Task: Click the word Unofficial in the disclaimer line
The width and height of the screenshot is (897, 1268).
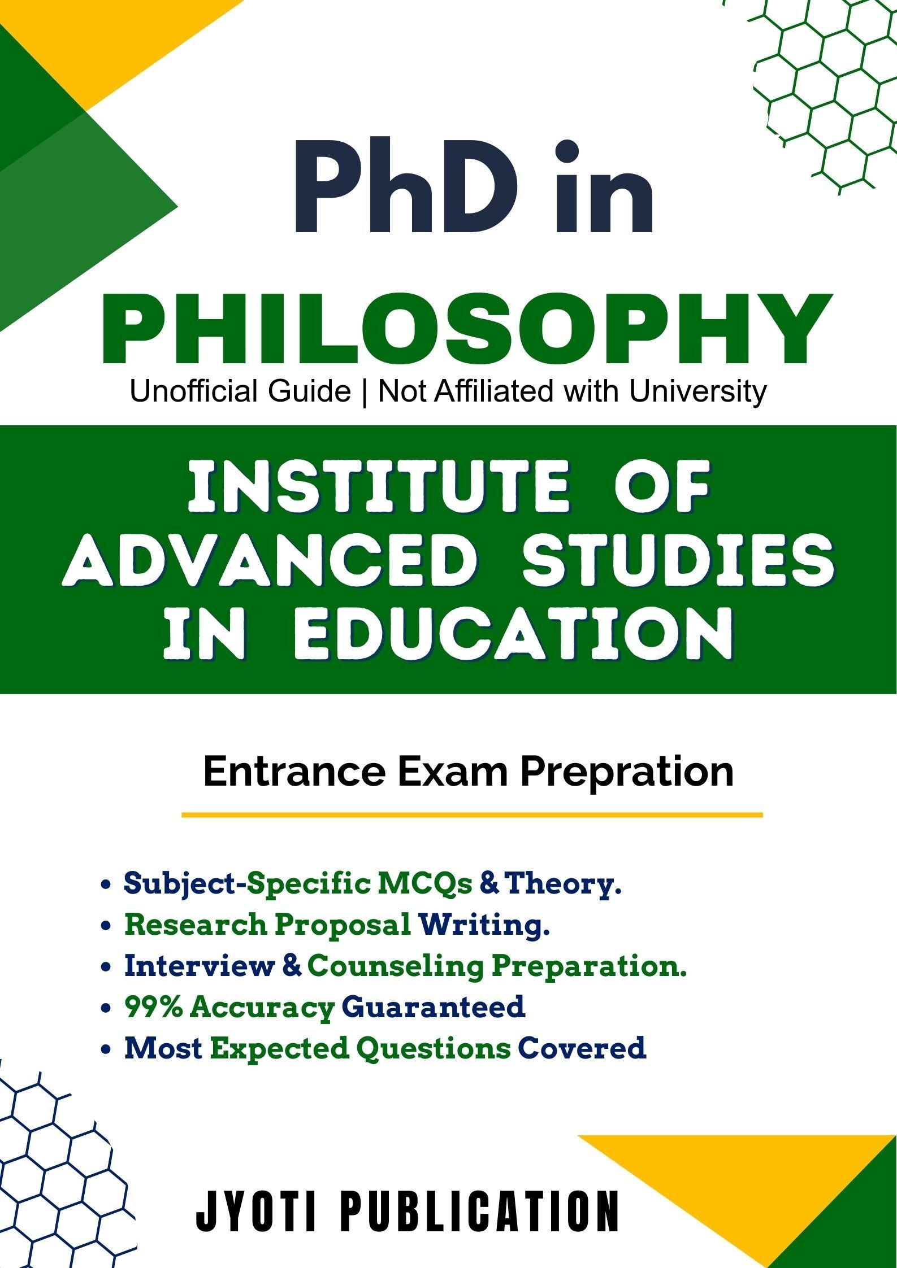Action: pos(240,391)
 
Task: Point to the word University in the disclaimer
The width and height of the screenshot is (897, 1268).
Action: pos(697,392)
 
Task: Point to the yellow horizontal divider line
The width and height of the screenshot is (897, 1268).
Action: pos(472,815)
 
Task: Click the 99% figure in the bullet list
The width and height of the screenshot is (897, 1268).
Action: pos(154,1007)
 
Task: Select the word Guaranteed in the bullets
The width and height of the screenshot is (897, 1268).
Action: pos(434,1007)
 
